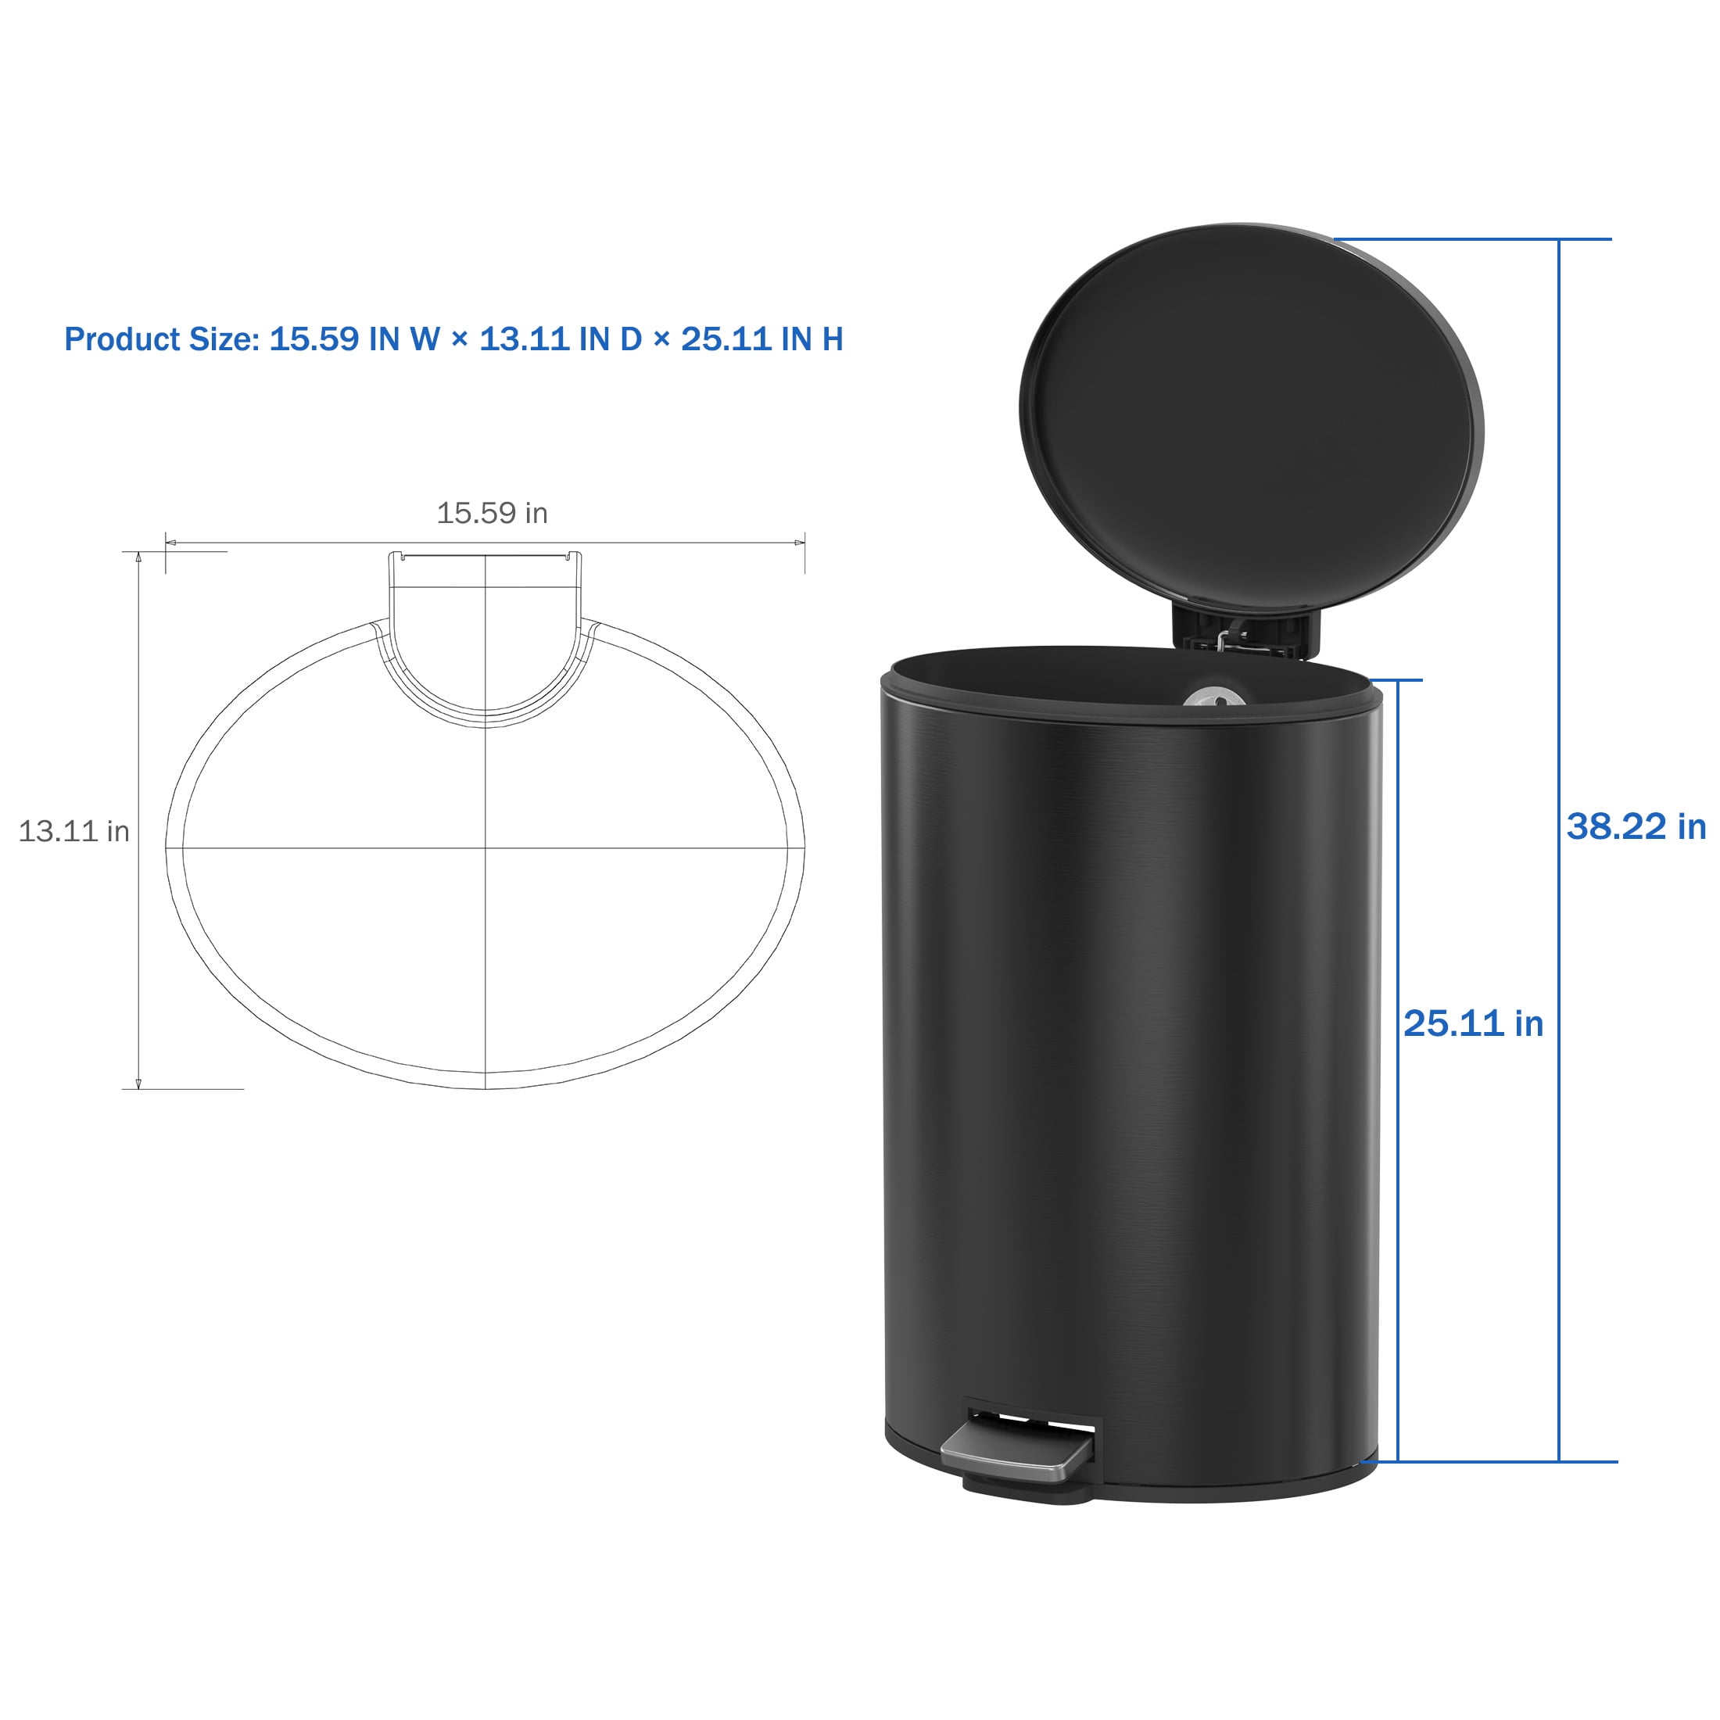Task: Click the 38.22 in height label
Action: click(1636, 826)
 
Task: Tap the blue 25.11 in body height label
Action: click(1474, 1024)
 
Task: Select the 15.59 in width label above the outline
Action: click(492, 513)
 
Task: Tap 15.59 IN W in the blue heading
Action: click(355, 339)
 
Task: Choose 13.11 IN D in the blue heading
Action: click(561, 339)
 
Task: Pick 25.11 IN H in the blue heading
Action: click(762, 339)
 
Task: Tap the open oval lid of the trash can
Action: click(1252, 418)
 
